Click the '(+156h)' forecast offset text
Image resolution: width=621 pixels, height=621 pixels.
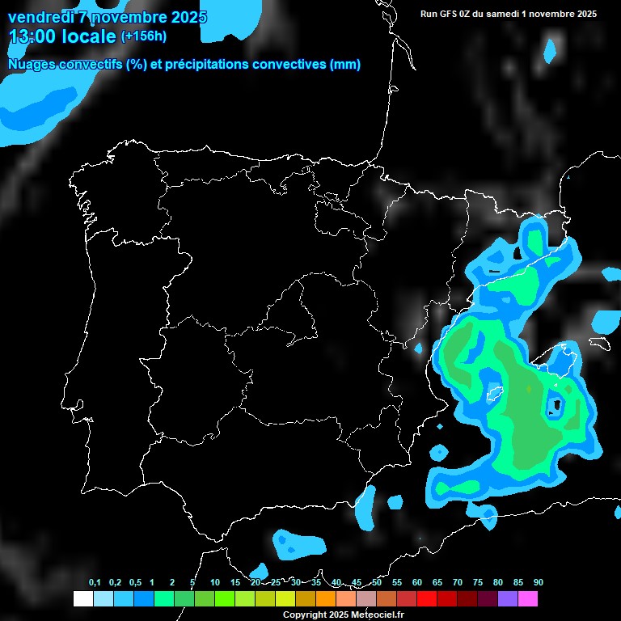point(143,36)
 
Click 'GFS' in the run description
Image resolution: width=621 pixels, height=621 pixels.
point(452,14)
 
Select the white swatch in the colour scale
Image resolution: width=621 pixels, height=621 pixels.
point(82,599)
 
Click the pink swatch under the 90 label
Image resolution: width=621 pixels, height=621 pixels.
point(528,599)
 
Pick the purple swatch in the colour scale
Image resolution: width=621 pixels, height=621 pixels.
point(508,599)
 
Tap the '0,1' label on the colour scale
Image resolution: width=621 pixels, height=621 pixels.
point(95,583)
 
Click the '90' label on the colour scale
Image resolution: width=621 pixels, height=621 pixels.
point(539,583)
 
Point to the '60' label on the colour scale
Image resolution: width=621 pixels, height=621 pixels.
point(417,583)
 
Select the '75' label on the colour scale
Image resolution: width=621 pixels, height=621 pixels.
point(478,583)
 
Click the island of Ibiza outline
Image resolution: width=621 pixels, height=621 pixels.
point(492,394)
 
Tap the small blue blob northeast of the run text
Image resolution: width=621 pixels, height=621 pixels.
point(551,51)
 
